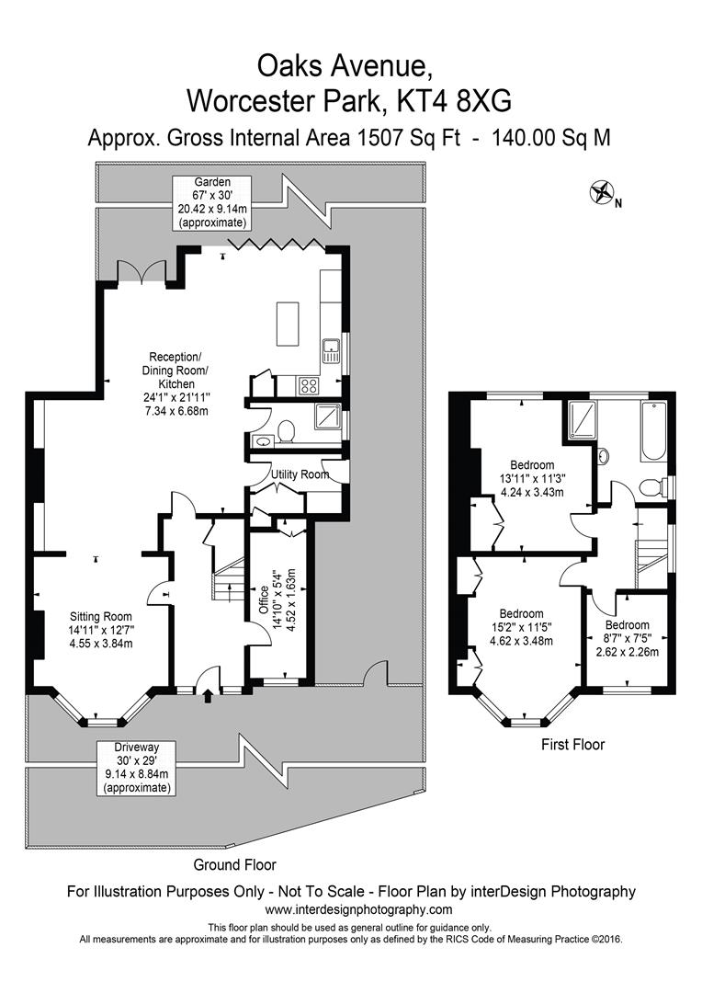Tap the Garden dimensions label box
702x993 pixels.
pos(211,202)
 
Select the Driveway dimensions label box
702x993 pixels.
pos(136,767)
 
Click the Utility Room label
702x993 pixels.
pos(300,474)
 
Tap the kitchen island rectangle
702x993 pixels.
pos(289,324)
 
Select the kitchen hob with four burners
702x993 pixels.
pos(308,386)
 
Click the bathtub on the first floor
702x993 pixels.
pos(651,432)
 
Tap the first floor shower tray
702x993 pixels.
pos(582,417)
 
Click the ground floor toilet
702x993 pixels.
pos(285,430)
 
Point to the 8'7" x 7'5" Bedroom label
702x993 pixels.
pos(627,638)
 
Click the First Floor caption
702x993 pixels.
pos(572,745)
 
